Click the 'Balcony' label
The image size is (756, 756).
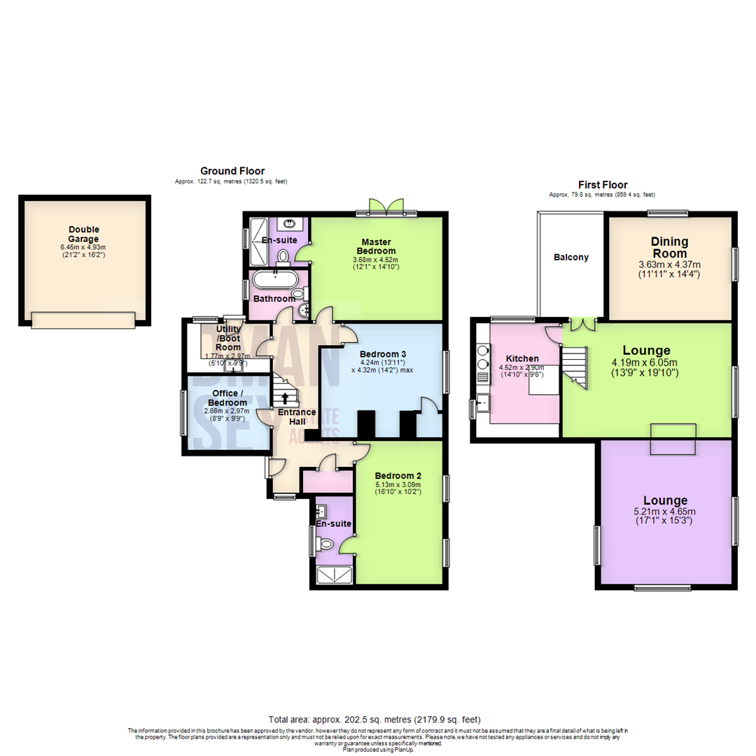[571, 257]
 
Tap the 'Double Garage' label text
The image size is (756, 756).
[84, 234]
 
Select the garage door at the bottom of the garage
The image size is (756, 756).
[83, 320]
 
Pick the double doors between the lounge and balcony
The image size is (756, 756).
[582, 323]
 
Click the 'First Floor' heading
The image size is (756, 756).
[602, 185]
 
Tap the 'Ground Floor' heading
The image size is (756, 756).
[232, 171]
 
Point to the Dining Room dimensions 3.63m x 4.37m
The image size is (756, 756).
[670, 269]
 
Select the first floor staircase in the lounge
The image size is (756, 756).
[575, 363]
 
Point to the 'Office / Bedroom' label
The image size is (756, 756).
[226, 398]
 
